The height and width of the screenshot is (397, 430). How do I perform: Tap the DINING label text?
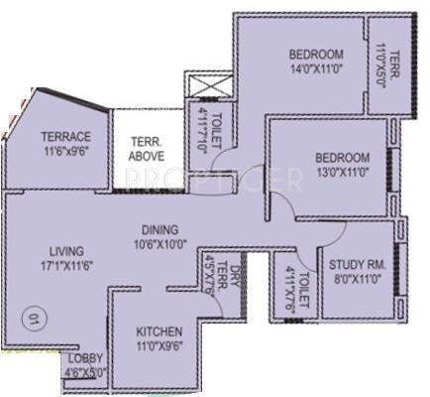coord(159,228)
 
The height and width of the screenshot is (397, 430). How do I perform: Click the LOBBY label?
coord(86,359)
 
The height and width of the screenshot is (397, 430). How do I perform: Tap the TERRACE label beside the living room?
coord(65,137)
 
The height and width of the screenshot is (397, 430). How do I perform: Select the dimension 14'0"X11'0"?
coord(315,70)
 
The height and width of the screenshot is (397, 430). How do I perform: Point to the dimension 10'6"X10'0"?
coord(159,242)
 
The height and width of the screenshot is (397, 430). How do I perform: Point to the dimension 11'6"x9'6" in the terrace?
coord(65,153)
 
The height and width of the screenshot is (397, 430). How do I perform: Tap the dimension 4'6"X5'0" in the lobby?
coord(86,372)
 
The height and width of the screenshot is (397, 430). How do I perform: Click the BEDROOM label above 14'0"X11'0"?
coord(315,55)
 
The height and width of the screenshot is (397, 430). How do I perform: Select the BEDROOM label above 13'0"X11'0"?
coord(342,157)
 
